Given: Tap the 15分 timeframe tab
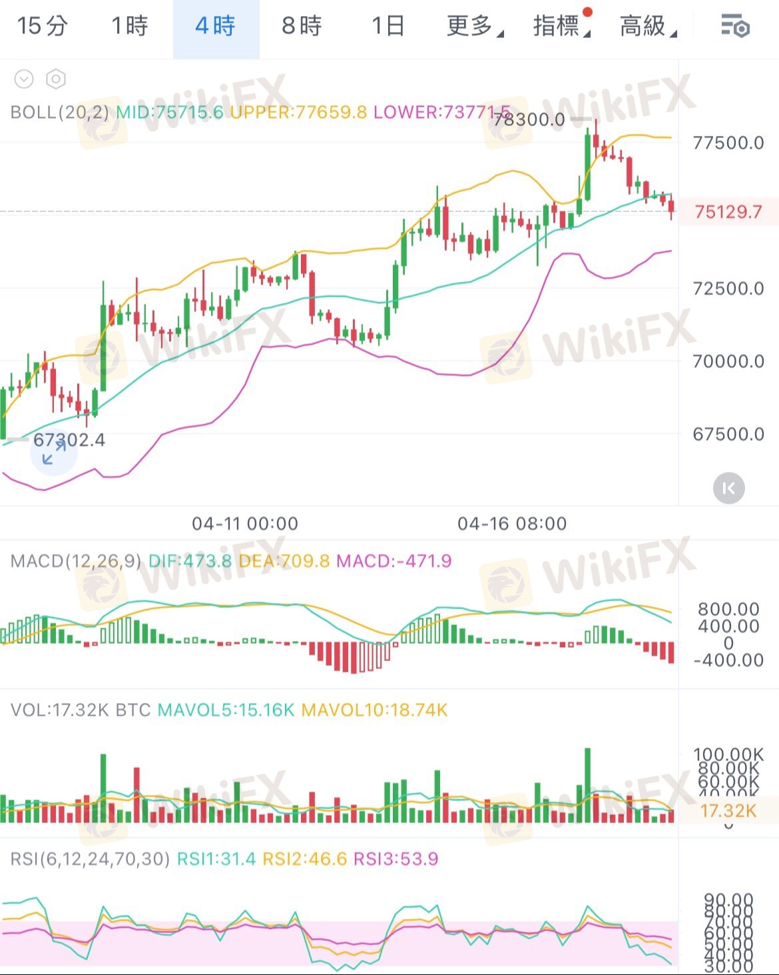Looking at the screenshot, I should tap(42, 27).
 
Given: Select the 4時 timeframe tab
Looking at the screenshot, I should tap(215, 27).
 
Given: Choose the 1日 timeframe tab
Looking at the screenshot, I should tap(388, 27).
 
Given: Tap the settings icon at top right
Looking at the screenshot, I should tap(735, 27).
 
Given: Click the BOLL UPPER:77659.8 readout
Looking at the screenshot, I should tap(298, 112).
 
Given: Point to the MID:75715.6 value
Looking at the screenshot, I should tap(169, 112).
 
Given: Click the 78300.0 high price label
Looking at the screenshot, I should tap(529, 120).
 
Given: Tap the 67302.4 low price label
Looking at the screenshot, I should tap(69, 440).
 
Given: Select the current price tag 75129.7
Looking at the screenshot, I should tap(728, 212).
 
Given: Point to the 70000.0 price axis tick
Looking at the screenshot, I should tap(728, 361).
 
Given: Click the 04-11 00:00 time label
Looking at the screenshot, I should tap(244, 524).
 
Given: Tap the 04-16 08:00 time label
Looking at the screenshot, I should tap(511, 524).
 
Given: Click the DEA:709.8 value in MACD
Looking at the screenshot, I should tap(284, 561).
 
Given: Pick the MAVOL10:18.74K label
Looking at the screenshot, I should tap(374, 710).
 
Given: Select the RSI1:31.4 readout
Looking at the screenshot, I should tap(216, 859).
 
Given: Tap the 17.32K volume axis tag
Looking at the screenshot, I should tap(728, 811).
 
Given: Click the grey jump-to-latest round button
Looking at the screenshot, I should tap(728, 488).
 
